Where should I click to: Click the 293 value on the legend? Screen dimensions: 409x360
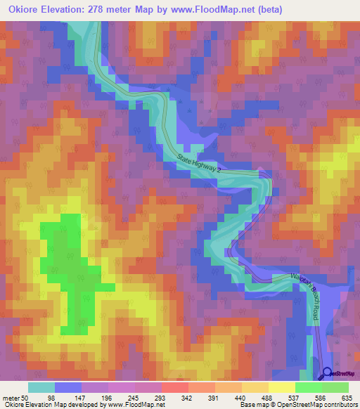[161, 397]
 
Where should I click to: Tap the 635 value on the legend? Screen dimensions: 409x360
[345, 397]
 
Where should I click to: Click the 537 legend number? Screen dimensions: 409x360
[298, 397]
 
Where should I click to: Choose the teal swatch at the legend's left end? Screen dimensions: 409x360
[41, 387]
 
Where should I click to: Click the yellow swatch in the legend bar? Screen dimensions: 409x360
[281, 387]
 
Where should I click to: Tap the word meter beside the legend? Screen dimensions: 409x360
[11, 397]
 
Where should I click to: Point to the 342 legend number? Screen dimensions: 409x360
[188, 397]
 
